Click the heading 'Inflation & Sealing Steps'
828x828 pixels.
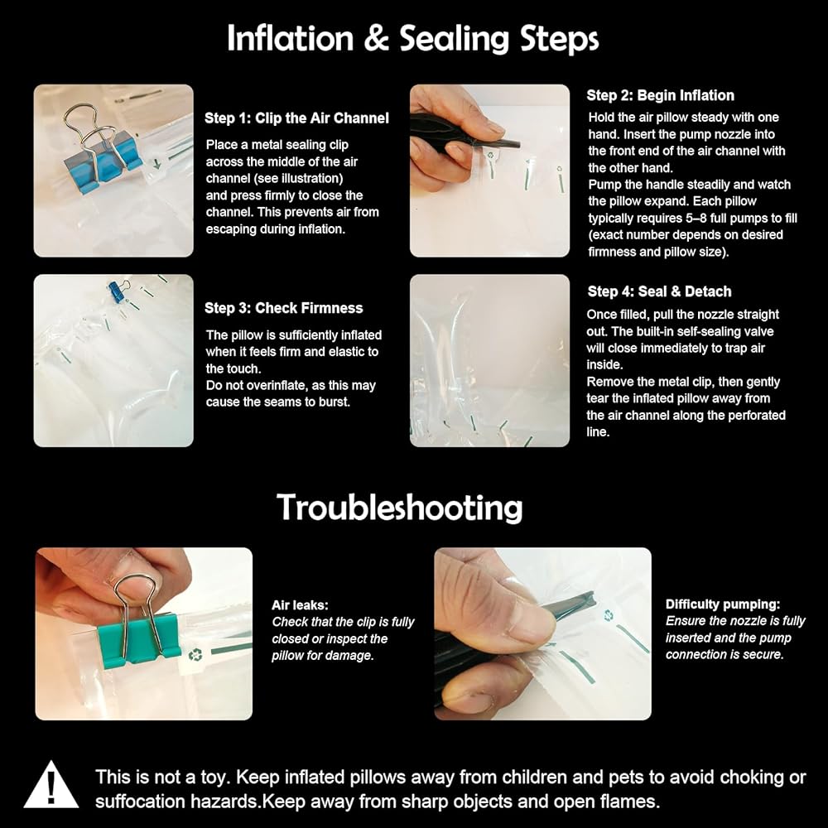(x=413, y=39)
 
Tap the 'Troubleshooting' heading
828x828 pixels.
(x=400, y=508)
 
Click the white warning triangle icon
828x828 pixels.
(x=51, y=785)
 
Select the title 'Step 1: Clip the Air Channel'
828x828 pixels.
(x=296, y=118)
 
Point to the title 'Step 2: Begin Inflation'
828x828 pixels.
(x=660, y=95)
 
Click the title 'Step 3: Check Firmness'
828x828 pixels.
(x=283, y=308)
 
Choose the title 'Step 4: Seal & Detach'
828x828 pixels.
(x=660, y=291)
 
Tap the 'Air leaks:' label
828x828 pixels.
(x=300, y=605)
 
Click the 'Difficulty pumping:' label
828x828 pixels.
(x=722, y=604)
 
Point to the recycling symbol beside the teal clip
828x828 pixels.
(x=195, y=655)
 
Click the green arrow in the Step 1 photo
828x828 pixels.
(x=157, y=164)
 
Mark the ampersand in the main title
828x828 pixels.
(x=376, y=40)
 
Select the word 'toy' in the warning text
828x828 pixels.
(x=214, y=777)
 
